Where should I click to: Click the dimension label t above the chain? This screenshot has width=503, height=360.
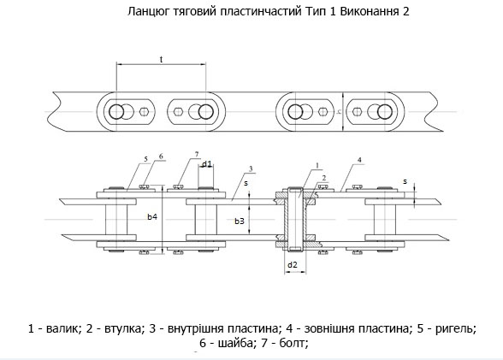click(162, 59)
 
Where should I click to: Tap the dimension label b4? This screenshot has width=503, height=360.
click(152, 217)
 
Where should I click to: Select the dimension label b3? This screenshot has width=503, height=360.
click(240, 221)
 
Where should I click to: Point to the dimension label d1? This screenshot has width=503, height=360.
click(207, 164)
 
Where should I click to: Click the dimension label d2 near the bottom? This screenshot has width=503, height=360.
click(293, 265)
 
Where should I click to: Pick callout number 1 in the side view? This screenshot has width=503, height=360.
click(317, 165)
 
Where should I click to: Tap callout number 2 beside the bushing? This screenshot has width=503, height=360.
click(324, 178)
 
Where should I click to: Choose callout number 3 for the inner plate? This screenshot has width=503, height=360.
click(251, 168)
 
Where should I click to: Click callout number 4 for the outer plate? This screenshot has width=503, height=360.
click(359, 160)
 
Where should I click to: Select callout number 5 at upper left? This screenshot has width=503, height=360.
click(146, 159)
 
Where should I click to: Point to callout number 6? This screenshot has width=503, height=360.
click(161, 156)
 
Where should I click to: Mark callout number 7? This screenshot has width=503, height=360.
click(197, 155)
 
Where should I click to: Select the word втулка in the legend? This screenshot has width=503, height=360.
click(123, 328)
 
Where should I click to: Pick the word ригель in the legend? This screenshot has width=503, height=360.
click(456, 329)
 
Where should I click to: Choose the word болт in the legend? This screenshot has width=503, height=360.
click(293, 344)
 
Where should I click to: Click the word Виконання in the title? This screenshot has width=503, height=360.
click(368, 11)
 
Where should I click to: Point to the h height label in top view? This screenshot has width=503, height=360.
click(339, 111)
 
